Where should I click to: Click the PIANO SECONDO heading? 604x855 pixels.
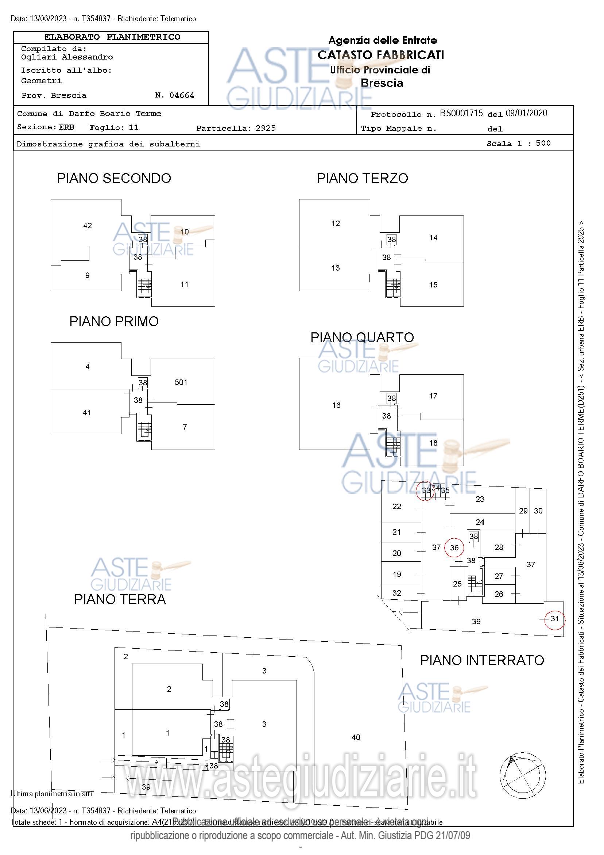pyautogui.click(x=114, y=178)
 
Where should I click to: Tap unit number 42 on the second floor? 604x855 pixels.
pyautogui.click(x=88, y=226)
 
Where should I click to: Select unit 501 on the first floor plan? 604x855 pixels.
pyautogui.click(x=181, y=382)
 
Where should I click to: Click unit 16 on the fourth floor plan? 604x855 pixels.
pyautogui.click(x=336, y=405)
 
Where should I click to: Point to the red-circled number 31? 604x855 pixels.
pyautogui.click(x=554, y=619)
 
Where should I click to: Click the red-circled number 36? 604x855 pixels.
pyautogui.click(x=454, y=548)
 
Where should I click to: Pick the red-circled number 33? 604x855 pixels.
pyautogui.click(x=426, y=491)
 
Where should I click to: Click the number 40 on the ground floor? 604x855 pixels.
pyautogui.click(x=356, y=737)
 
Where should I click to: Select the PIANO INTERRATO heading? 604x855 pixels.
pyautogui.click(x=482, y=661)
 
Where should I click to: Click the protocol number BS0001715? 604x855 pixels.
pyautogui.click(x=461, y=113)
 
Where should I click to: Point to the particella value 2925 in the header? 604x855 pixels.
pyautogui.click(x=266, y=129)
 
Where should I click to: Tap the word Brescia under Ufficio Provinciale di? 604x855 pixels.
pyautogui.click(x=382, y=83)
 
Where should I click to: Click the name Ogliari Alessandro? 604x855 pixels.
pyautogui.click(x=67, y=57)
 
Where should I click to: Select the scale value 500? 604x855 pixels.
pyautogui.click(x=543, y=144)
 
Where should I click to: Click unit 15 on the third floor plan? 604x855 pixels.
pyautogui.click(x=433, y=285)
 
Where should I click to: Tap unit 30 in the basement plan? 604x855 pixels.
pyautogui.click(x=538, y=511)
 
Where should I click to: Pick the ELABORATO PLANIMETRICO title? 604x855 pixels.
pyautogui.click(x=112, y=37)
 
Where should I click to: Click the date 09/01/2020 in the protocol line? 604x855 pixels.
pyautogui.click(x=526, y=113)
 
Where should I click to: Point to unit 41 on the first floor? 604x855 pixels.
pyautogui.click(x=87, y=413)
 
